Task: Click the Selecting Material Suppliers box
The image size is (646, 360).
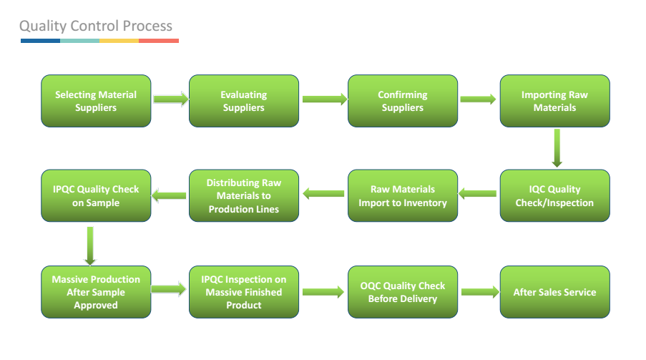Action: pos(96,101)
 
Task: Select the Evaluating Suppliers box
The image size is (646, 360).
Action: pos(244,101)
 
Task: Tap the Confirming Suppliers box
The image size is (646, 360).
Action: pos(403,101)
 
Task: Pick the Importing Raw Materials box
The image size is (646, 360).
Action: pos(555,101)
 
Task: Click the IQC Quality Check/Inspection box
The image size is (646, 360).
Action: pos(555,195)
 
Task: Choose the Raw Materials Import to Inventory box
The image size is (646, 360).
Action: pos(403,195)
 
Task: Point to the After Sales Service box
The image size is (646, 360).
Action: pos(555,292)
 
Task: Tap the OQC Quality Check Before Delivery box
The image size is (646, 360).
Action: pos(403,292)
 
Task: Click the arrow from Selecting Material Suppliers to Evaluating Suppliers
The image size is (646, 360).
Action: pos(171,99)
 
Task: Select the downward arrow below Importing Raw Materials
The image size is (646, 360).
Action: pos(557,148)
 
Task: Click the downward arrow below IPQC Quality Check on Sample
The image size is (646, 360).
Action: pos(90,245)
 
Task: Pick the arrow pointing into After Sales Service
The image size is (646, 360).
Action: pos(480,292)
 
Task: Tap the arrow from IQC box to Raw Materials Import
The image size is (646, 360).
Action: pos(477,193)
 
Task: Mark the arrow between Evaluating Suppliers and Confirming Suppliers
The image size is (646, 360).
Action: pos(325,99)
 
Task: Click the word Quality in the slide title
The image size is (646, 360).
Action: pos(43,26)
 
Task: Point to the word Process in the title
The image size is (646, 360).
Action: pos(147,26)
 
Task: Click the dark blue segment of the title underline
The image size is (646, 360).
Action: pos(40,41)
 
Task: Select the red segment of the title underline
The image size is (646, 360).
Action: pos(159,41)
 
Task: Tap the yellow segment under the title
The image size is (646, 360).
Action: pos(119,41)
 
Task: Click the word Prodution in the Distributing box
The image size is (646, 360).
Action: pos(228,209)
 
